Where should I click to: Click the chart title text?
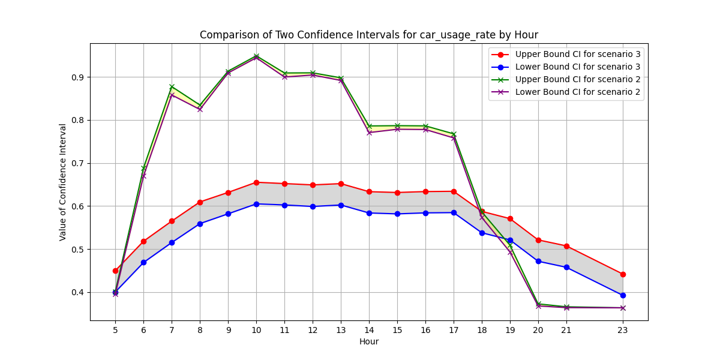point(369,35)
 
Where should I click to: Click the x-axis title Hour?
point(369,341)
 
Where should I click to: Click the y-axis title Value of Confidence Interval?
point(63,182)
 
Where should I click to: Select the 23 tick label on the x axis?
point(623,329)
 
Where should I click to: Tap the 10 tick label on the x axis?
point(256,329)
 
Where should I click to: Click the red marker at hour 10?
point(256,182)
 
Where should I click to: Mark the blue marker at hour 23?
point(623,295)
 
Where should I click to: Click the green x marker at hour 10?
point(256,56)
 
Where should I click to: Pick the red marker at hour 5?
point(115,271)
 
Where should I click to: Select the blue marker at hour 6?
point(143,262)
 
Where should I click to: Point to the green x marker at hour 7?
point(172,86)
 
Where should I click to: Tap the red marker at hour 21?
point(566,246)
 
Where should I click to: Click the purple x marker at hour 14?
point(369,132)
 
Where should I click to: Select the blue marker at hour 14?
point(369,213)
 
